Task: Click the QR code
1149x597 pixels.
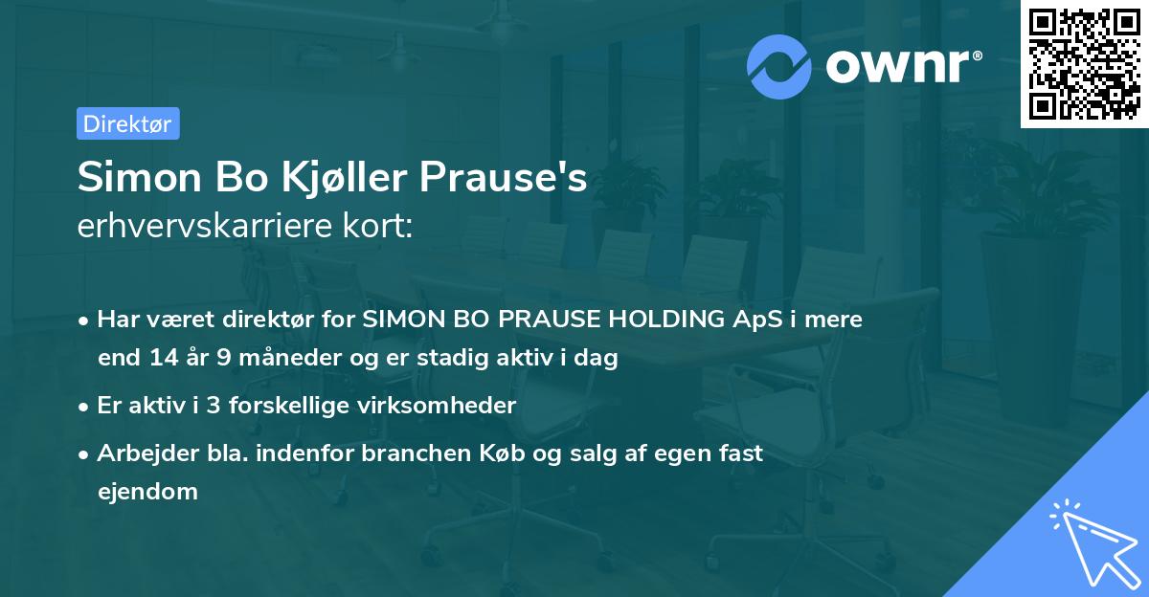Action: [x=1085, y=64]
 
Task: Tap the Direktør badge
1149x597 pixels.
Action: [x=127, y=123]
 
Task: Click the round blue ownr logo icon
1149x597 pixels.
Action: [x=779, y=66]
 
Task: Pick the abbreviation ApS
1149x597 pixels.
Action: [x=754, y=320]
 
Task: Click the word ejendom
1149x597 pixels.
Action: [x=147, y=492]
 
